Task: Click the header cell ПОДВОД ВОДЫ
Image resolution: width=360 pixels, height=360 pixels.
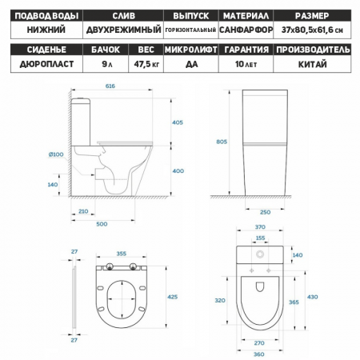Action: (46, 16)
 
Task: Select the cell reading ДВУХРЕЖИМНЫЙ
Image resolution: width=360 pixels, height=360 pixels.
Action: (123, 30)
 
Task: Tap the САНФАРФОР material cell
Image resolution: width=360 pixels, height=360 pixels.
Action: (246, 30)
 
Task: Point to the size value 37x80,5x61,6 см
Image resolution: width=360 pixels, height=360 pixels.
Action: (312, 30)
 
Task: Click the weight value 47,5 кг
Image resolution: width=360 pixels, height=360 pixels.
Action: (146, 64)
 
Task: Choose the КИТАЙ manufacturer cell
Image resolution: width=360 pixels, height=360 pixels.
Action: (312, 64)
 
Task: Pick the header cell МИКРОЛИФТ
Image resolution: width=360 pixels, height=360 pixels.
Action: (191, 50)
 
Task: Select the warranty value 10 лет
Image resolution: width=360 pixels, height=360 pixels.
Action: (246, 64)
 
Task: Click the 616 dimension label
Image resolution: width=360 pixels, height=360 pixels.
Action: (110, 86)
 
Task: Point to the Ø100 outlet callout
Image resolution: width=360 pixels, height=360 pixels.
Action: (56, 154)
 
